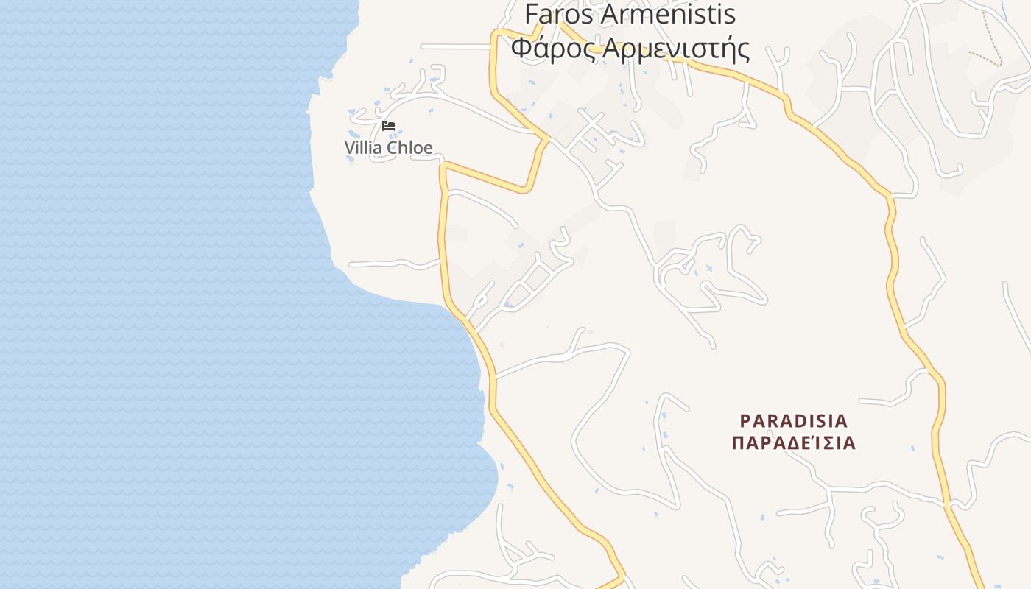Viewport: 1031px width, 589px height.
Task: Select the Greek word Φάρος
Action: [x=553, y=49]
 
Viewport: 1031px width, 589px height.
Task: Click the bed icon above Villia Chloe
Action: [x=389, y=125]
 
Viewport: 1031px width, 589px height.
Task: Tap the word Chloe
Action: [x=409, y=147]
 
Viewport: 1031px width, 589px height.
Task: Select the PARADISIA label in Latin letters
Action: [x=794, y=421]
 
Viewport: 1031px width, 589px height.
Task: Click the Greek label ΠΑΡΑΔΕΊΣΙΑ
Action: [x=794, y=443]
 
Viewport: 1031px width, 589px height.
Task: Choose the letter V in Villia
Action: [x=350, y=147]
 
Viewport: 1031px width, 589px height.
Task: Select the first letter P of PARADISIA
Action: [x=745, y=421]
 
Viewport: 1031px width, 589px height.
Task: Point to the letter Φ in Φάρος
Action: [x=520, y=49]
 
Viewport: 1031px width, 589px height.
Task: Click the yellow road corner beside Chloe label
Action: [x=444, y=165]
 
